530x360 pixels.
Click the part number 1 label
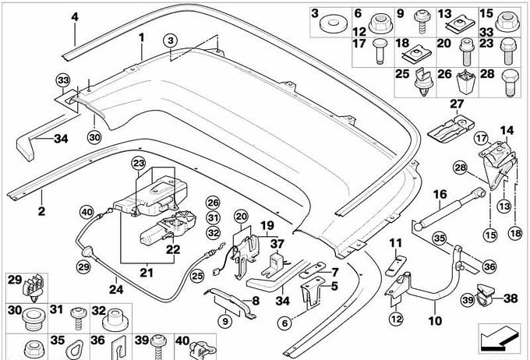pyautogui.click(x=142, y=37)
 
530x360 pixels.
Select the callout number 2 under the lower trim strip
pyautogui.click(x=41, y=210)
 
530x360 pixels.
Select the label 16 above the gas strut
pyautogui.click(x=440, y=194)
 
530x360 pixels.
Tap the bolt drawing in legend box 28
pyautogui.click(x=512, y=81)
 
